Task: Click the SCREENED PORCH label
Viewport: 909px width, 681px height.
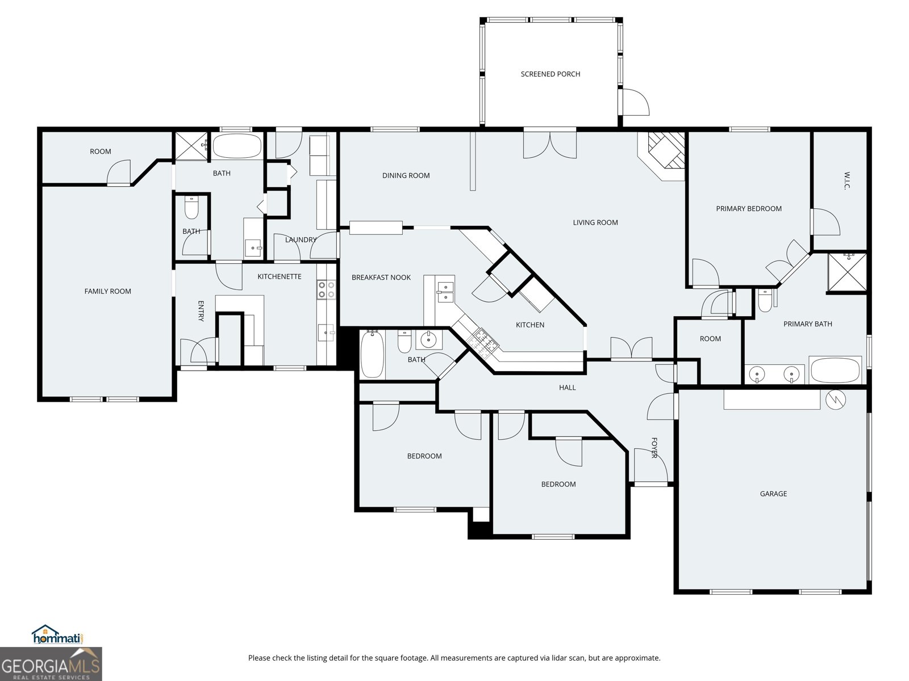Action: pos(550,74)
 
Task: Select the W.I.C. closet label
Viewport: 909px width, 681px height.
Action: pos(845,180)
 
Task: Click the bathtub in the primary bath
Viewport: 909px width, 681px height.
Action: pos(836,371)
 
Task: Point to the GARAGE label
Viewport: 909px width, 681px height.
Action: pos(773,494)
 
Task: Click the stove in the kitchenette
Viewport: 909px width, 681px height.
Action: pos(326,289)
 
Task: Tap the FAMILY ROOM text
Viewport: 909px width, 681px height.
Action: pos(107,291)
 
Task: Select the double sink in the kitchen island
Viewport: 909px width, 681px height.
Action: pos(445,292)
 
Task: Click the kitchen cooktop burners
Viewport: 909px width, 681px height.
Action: pos(482,341)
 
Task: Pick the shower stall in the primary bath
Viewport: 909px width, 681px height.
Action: pos(847,272)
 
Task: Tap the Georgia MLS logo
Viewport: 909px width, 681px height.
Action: pos(51,665)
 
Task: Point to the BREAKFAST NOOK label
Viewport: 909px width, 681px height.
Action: pos(381,278)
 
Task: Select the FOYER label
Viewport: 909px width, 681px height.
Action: pos(654,447)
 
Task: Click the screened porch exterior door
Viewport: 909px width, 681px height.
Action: pos(635,102)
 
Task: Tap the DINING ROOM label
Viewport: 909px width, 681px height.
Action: pos(406,175)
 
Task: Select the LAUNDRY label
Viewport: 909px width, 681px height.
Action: pos(301,239)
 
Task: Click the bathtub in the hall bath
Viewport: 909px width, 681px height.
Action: pos(372,355)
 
